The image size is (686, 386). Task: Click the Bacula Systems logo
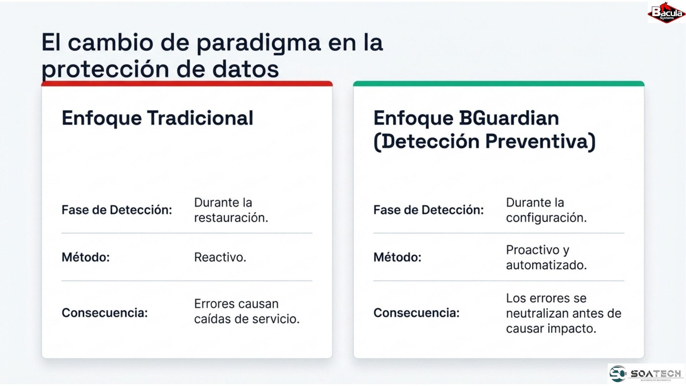tap(667, 13)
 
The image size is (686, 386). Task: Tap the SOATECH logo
tap(646, 374)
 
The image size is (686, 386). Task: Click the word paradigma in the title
tap(259, 43)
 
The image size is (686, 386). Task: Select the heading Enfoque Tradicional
tap(158, 118)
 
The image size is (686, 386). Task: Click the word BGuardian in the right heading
tap(509, 118)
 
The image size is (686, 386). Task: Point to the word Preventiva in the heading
tap(540, 141)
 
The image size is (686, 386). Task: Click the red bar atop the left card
tap(187, 84)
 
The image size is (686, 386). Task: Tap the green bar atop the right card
tap(499, 84)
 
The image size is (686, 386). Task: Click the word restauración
tap(231, 218)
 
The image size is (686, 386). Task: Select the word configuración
tap(546, 218)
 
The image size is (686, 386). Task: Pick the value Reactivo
tap(220, 257)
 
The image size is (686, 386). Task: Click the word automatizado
tap(546, 265)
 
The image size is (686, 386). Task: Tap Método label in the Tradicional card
tap(86, 257)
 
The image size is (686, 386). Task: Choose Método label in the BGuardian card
tap(397, 257)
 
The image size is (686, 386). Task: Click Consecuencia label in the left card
tap(105, 313)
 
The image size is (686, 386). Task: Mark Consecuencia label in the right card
tap(417, 313)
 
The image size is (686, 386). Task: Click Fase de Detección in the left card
tap(117, 210)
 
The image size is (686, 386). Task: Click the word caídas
tap(212, 319)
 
